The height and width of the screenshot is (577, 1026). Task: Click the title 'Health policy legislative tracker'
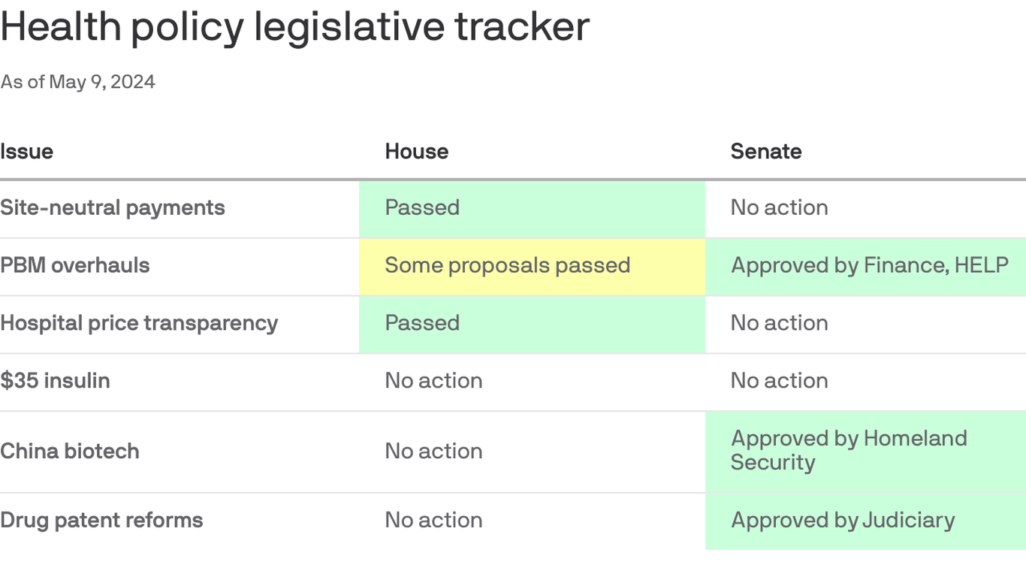click(294, 27)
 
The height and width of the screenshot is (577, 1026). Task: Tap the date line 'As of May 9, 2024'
click(77, 82)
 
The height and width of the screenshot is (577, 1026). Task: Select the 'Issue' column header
click(27, 151)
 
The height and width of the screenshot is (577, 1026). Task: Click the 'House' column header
click(416, 151)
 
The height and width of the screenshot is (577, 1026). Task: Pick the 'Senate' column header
click(765, 151)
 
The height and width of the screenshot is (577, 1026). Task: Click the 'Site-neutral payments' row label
click(113, 207)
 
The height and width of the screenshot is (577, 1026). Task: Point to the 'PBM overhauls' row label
click(75, 265)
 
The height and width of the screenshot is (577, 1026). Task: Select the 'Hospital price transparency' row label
click(139, 323)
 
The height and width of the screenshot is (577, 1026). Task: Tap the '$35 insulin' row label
click(56, 380)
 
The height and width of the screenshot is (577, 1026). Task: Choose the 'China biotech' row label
click(70, 451)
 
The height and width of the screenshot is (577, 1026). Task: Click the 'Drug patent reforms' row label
click(101, 520)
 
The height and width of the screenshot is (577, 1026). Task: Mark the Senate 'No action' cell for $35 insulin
click(779, 380)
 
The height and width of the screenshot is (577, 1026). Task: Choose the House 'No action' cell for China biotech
click(433, 451)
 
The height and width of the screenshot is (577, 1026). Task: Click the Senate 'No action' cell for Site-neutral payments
click(779, 207)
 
